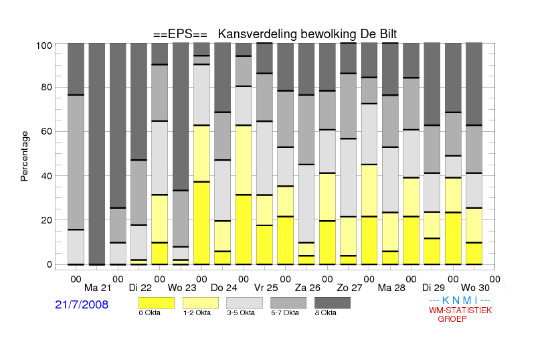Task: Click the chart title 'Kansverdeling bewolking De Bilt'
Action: tap(307, 34)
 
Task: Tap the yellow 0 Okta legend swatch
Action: tap(157, 303)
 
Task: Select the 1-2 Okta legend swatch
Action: tap(201, 303)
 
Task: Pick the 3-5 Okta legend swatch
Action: tap(244, 303)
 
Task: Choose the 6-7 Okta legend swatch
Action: tap(288, 303)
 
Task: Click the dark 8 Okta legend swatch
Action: tap(333, 303)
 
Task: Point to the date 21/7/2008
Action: tap(82, 304)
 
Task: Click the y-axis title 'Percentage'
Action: tap(24, 156)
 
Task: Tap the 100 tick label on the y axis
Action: tap(44, 46)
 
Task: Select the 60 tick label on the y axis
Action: tap(47, 131)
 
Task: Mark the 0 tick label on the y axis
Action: tap(50, 264)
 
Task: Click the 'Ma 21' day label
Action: tap(98, 288)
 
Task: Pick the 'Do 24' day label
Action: tap(223, 288)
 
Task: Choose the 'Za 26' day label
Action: tap(308, 288)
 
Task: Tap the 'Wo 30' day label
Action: tap(475, 288)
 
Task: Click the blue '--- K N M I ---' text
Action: tap(460, 300)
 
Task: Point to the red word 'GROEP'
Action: tap(452, 319)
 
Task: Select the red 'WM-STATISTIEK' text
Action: tap(460, 310)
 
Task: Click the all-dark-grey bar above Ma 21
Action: tap(97, 154)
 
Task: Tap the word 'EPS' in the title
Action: tap(180, 34)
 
